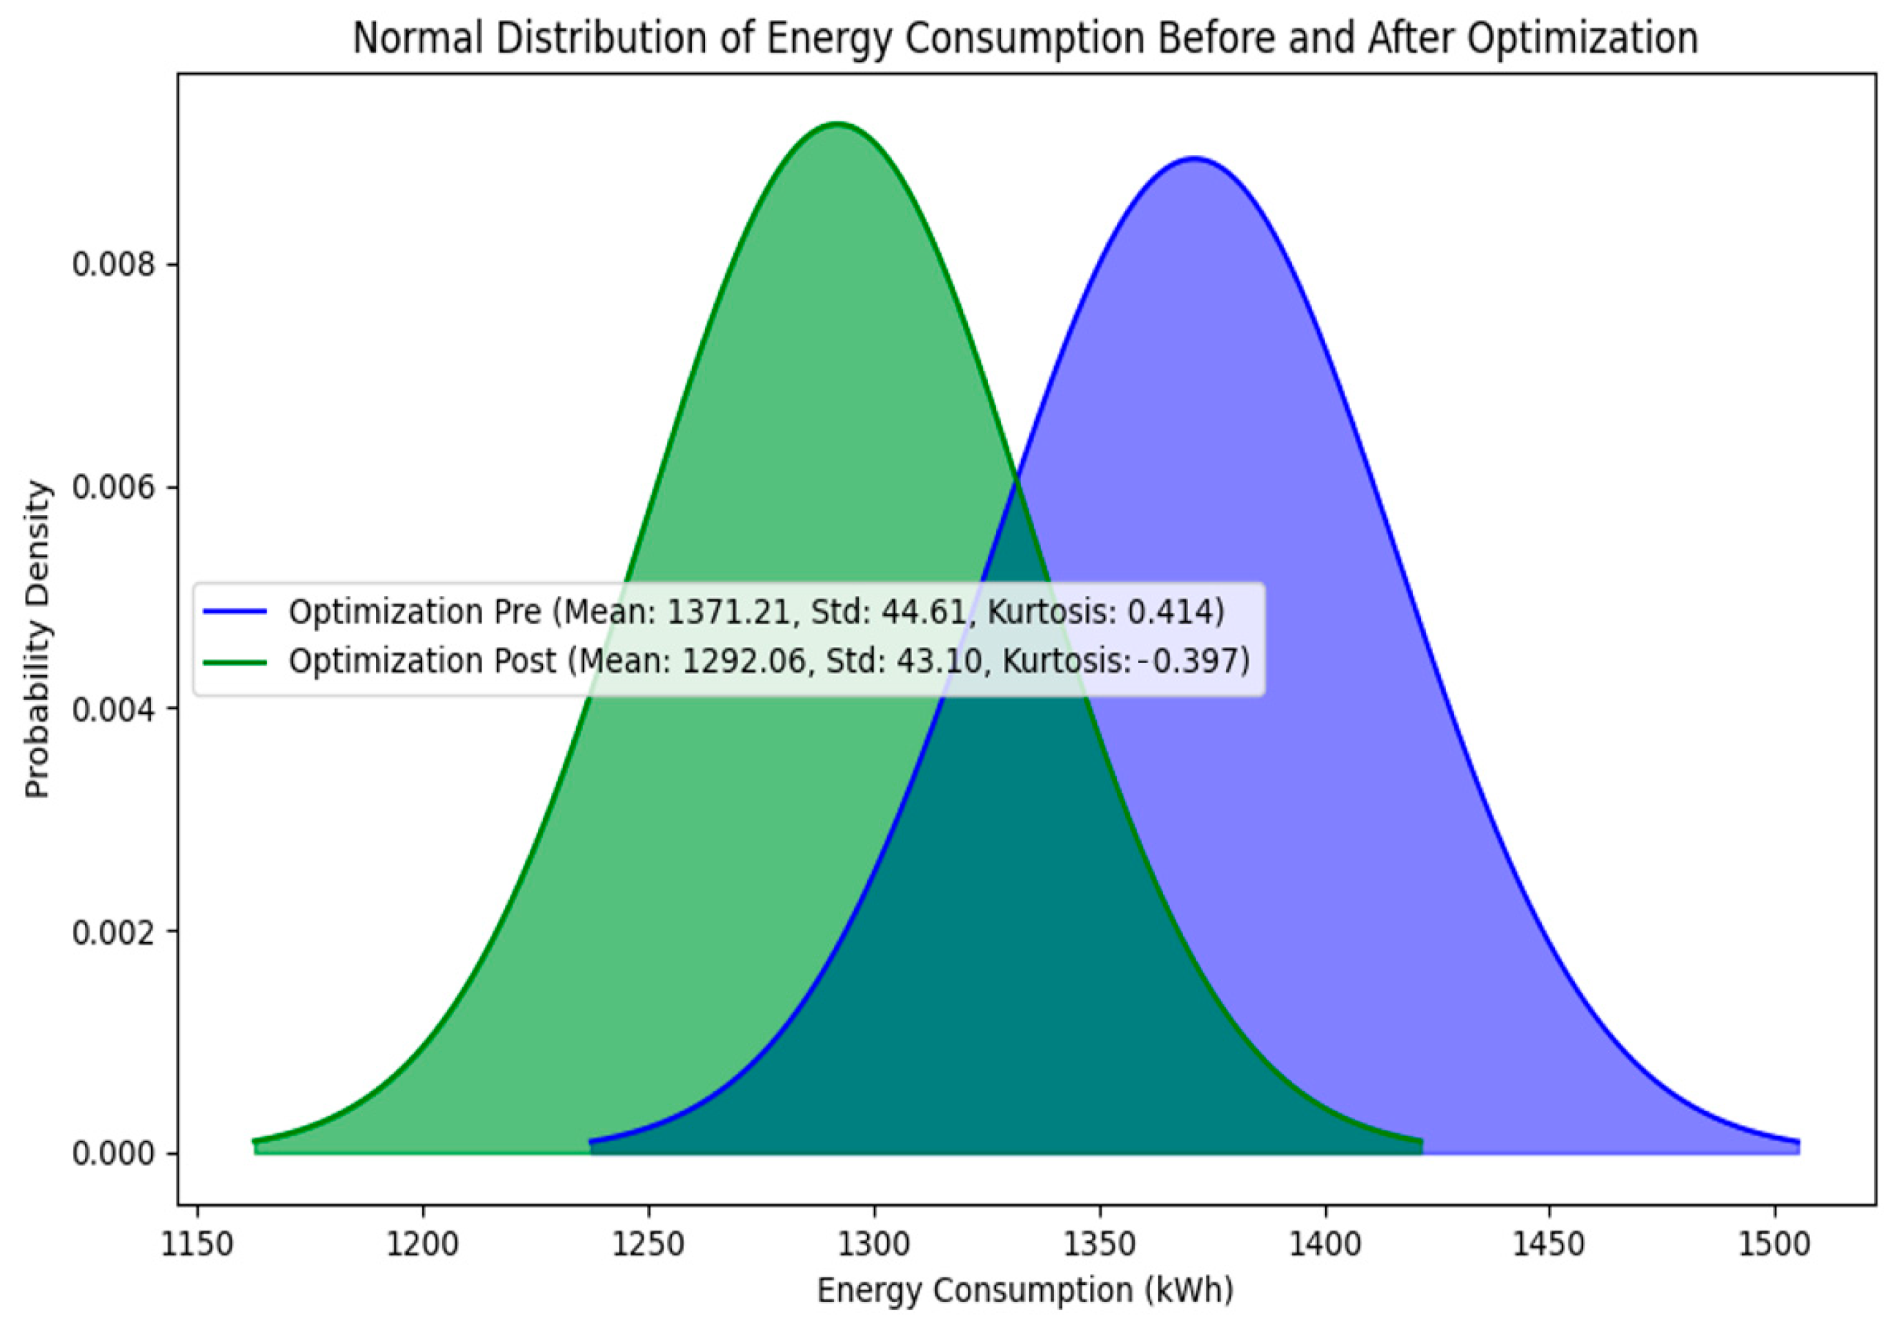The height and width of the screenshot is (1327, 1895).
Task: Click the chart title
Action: pyautogui.click(x=1025, y=38)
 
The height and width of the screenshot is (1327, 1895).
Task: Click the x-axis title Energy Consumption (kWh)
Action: pyautogui.click(x=1025, y=1290)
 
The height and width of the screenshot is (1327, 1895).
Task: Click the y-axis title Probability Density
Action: pyautogui.click(x=37, y=639)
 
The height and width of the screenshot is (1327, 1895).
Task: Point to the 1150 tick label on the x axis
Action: pyautogui.click(x=197, y=1244)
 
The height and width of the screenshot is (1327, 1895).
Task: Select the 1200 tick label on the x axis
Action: pyautogui.click(x=424, y=1244)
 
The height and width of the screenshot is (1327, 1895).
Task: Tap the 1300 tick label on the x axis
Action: pyautogui.click(x=874, y=1244)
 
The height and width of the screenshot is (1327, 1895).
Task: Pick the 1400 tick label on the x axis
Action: pyautogui.click(x=1325, y=1244)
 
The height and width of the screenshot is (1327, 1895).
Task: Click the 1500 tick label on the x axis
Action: pyautogui.click(x=1774, y=1244)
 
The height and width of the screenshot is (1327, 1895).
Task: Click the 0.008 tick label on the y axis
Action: pyautogui.click(x=113, y=265)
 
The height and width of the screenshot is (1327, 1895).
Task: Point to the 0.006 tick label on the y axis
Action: pyautogui.click(x=113, y=487)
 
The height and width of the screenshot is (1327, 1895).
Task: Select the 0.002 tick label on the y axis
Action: pyautogui.click(x=113, y=932)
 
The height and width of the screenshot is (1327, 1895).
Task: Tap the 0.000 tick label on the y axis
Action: pyautogui.click(x=113, y=1154)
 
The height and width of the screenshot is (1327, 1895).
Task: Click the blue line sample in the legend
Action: pyautogui.click(x=235, y=612)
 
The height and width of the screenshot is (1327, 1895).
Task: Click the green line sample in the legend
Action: pyautogui.click(x=235, y=661)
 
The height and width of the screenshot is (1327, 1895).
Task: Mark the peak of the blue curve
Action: pyautogui.click(x=1193, y=158)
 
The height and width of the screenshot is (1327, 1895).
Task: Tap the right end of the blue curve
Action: pyautogui.click(x=1798, y=1142)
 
